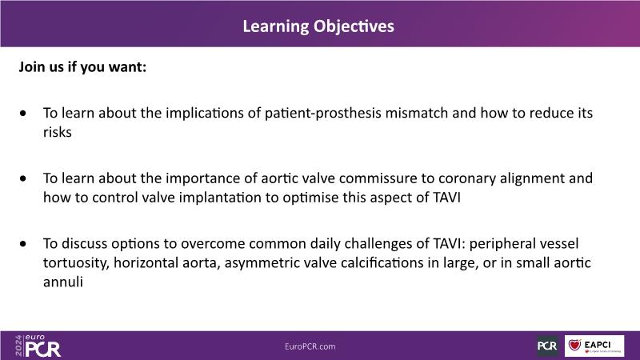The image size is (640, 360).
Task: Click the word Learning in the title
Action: click(x=276, y=26)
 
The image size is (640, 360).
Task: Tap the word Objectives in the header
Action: click(x=354, y=26)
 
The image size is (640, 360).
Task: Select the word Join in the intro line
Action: click(x=32, y=66)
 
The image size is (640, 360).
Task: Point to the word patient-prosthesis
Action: click(x=323, y=113)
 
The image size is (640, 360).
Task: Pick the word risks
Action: click(x=58, y=132)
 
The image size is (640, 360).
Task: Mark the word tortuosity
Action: click(x=76, y=263)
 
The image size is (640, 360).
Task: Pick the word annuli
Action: click(x=63, y=282)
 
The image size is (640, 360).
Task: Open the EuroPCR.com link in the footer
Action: click(x=310, y=346)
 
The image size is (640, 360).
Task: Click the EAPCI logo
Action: click(x=594, y=346)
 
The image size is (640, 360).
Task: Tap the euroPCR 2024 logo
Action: click(x=38, y=346)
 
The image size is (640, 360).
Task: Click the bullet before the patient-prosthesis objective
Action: click(x=23, y=113)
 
